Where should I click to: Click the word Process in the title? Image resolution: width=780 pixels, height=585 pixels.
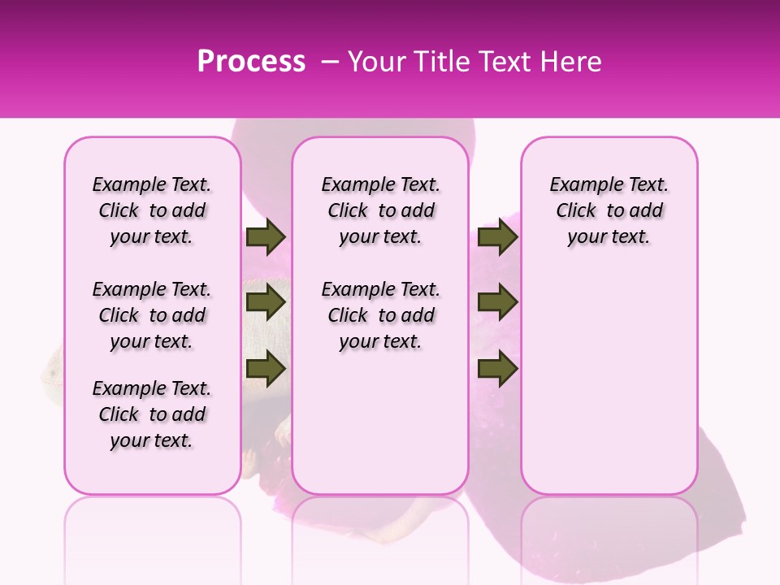pyautogui.click(x=251, y=62)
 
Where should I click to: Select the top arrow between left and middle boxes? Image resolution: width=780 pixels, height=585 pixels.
pyautogui.click(x=266, y=237)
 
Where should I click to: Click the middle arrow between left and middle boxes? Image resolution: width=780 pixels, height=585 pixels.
pyautogui.click(x=266, y=302)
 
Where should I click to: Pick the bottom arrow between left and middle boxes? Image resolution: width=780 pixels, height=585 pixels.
pyautogui.click(x=266, y=369)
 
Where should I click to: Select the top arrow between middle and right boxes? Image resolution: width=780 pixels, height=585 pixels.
pyautogui.click(x=497, y=237)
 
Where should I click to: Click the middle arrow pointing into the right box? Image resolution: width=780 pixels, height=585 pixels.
pyautogui.click(x=497, y=302)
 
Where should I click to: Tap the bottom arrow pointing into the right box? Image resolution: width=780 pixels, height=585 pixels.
pyautogui.click(x=497, y=369)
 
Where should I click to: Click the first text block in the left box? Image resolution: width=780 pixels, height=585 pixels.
pyautogui.click(x=152, y=210)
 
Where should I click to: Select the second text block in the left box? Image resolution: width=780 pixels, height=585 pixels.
pyautogui.click(x=152, y=315)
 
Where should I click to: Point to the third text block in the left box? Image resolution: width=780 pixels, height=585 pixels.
pyautogui.click(x=152, y=414)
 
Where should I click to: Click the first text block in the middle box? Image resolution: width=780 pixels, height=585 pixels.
pyautogui.click(x=380, y=210)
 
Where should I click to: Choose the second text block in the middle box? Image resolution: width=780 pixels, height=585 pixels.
pyautogui.click(x=380, y=315)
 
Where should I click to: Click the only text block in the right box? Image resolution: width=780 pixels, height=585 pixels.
pyautogui.click(x=609, y=210)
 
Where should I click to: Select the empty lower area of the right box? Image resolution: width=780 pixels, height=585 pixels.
pyautogui.click(x=609, y=382)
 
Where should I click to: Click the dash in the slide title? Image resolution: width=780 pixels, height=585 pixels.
pyautogui.click(x=331, y=62)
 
